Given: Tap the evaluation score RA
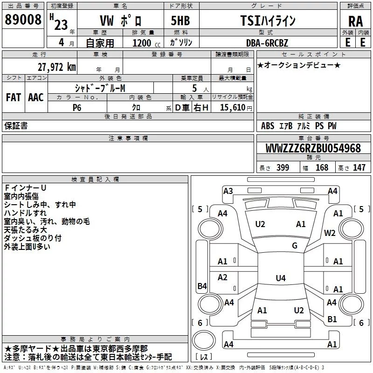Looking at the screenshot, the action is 355,21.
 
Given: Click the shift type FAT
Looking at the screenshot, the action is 14,97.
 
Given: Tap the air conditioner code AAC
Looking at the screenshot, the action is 35,97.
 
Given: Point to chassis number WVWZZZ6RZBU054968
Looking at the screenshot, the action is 312,148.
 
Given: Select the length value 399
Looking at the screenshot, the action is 283,167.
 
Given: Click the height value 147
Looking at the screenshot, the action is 359,167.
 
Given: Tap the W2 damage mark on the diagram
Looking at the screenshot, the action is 330,233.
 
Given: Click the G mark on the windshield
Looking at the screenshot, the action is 295,246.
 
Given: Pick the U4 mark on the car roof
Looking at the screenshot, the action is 280,278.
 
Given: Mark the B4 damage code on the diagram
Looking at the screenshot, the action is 202,286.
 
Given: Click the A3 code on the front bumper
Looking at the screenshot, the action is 228,191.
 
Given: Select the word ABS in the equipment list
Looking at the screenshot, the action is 268,126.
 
